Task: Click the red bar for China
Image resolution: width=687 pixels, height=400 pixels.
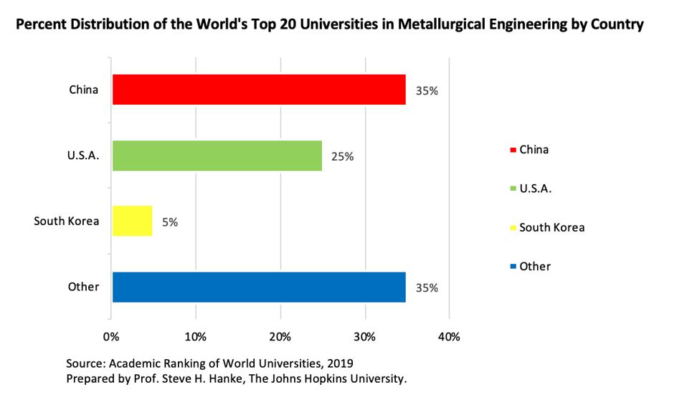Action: (259, 90)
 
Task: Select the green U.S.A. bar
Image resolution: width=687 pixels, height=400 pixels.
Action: (217, 156)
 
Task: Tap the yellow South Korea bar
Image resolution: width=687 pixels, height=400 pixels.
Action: (133, 221)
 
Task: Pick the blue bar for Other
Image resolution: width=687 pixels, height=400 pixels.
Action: (259, 287)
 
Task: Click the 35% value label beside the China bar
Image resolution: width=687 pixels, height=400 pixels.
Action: (427, 91)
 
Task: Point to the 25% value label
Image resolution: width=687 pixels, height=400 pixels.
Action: (342, 156)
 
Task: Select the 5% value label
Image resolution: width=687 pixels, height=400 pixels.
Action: (169, 222)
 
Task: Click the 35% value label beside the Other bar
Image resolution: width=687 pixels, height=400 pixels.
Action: (427, 288)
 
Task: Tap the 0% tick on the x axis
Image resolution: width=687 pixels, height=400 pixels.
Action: (111, 336)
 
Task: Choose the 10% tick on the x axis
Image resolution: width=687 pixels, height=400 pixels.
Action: (196, 336)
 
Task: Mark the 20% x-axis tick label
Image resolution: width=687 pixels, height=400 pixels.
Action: (280, 336)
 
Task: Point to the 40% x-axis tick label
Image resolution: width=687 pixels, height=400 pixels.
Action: (449, 336)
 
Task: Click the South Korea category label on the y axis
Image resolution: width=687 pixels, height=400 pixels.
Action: (66, 221)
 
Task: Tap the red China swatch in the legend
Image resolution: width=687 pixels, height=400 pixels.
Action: (513, 151)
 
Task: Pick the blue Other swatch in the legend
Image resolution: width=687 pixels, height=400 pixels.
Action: (513, 267)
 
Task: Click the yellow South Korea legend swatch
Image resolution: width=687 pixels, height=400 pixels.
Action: (513, 228)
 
